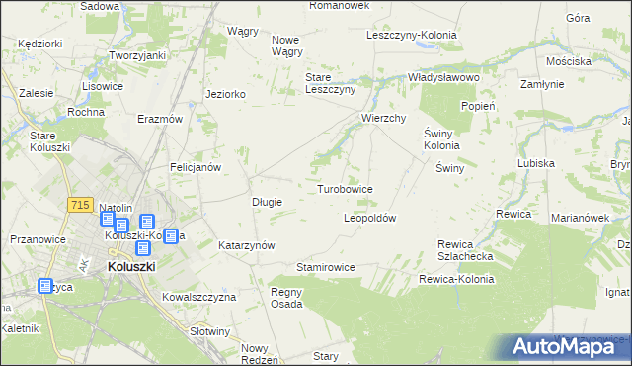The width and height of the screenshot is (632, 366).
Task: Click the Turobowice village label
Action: click(345, 188)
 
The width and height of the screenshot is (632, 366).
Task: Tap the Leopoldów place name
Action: click(369, 218)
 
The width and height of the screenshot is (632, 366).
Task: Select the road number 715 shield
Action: click(81, 204)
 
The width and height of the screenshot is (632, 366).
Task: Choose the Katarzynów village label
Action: click(246, 244)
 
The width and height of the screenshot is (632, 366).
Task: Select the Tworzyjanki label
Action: click(136, 55)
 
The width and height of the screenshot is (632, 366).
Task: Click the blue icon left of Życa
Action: click(45, 287)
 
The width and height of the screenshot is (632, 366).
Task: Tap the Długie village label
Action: click(268, 202)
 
